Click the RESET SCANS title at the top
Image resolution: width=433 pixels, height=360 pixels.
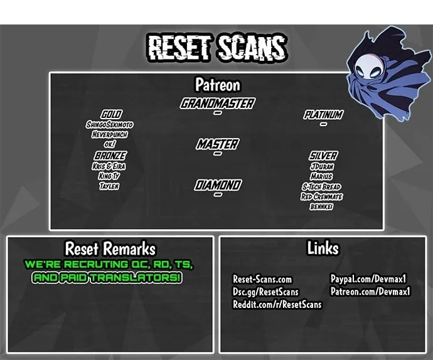pyautogui.click(x=216, y=48)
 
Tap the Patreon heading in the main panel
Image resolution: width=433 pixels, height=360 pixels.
pyautogui.click(x=218, y=85)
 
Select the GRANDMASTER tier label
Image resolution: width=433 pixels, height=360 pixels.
pyautogui.click(x=217, y=103)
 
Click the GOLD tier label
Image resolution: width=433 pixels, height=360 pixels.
pyautogui.click(x=111, y=114)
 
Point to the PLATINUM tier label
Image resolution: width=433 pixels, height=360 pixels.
pyautogui.click(x=323, y=115)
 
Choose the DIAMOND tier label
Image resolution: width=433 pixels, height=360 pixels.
pyautogui.click(x=218, y=185)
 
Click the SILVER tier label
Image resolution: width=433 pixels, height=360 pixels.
pyautogui.click(x=323, y=156)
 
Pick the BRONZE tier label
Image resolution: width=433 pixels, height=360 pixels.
pyautogui.click(x=110, y=156)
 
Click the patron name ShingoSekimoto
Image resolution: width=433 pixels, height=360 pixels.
pyautogui.click(x=109, y=125)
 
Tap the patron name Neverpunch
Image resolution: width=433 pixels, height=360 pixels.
pyautogui.click(x=110, y=134)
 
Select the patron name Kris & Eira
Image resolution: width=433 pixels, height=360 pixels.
pyautogui.click(x=109, y=166)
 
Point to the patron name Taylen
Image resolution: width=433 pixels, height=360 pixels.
pyautogui.click(x=109, y=186)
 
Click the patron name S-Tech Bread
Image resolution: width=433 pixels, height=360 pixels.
pyautogui.click(x=321, y=187)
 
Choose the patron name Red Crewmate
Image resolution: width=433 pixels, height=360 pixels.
pyautogui.click(x=322, y=196)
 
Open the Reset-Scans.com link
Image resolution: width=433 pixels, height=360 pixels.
pyautogui.click(x=262, y=279)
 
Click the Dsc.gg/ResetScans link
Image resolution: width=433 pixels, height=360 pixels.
pyautogui.click(x=265, y=292)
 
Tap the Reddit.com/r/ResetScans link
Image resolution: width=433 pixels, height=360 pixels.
pyautogui.click(x=277, y=304)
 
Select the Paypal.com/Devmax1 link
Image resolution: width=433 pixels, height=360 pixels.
pyautogui.click(x=368, y=279)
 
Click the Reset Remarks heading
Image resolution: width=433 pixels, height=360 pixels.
pyautogui.click(x=110, y=248)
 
